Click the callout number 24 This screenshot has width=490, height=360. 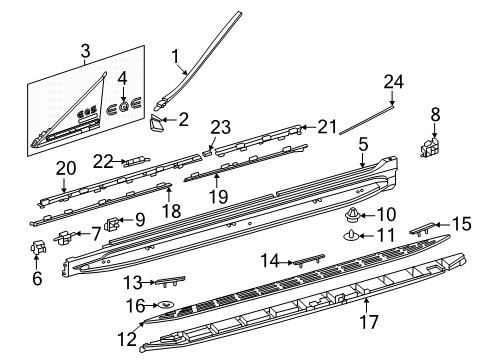click(393, 82)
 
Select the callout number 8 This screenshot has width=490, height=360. click(435, 114)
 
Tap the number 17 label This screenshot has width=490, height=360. click(369, 322)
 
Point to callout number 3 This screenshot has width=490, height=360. click(85, 51)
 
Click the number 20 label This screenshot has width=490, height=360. click(66, 169)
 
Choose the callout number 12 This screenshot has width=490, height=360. click(127, 339)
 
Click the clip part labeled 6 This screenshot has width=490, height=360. click(38, 247)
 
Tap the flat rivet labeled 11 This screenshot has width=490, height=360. click(350, 236)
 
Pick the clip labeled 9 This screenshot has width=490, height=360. click(112, 224)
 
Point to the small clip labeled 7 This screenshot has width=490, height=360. click(64, 237)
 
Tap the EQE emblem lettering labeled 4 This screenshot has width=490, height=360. click(124, 107)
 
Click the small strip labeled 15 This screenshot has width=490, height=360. click(422, 229)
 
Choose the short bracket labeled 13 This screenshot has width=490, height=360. click(170, 281)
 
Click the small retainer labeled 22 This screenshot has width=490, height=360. click(137, 162)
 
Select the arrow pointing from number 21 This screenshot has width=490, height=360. click(309, 127)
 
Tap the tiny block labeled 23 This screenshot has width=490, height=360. click(207, 153)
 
